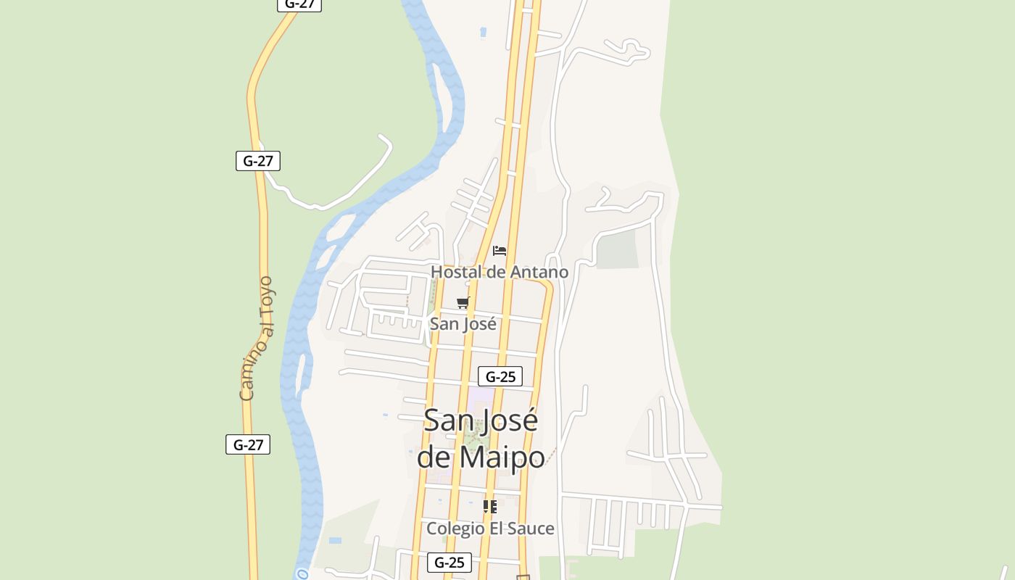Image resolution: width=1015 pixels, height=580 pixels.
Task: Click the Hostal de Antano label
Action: tap(500, 272)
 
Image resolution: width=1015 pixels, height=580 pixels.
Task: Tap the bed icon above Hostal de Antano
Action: tap(500, 251)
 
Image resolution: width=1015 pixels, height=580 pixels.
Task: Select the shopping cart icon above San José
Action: tap(463, 302)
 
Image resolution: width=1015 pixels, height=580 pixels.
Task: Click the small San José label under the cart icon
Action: tap(463, 323)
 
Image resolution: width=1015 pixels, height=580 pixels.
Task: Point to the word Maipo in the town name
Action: tap(502, 457)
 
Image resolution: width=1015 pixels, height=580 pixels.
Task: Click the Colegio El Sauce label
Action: tap(490, 529)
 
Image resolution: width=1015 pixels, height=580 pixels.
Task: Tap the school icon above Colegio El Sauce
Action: tap(490, 507)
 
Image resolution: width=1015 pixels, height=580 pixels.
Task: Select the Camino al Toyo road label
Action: tap(257, 339)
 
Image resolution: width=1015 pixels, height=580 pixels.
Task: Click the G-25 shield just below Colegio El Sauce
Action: tap(449, 562)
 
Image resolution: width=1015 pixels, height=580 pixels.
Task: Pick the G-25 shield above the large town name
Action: tap(500, 376)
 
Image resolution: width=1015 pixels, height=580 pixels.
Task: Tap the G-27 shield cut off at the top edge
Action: tap(299, 4)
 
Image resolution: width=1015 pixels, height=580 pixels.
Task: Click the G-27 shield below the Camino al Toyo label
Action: tap(248, 444)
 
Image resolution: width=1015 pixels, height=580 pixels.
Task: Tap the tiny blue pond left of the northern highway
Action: tap(484, 32)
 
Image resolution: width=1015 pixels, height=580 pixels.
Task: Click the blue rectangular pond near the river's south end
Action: tap(335, 540)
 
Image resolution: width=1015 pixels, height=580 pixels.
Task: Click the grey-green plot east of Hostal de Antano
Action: tap(617, 250)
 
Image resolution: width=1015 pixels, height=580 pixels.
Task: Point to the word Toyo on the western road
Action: tap(267, 294)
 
